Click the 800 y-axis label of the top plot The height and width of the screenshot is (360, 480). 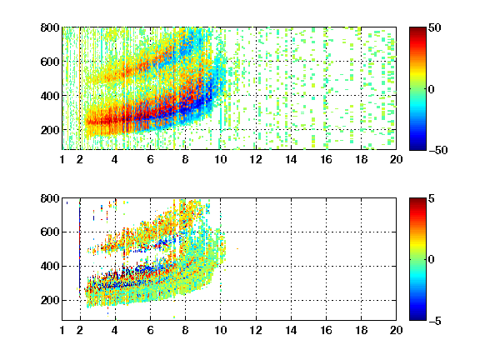point(50,27)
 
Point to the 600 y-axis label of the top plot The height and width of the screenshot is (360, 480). point(50,62)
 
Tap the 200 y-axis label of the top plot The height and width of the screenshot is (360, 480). point(50,130)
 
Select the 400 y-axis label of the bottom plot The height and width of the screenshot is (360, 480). point(50,266)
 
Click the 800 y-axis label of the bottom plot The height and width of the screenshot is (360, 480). point(50,198)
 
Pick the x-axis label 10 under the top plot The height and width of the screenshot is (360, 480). point(220,159)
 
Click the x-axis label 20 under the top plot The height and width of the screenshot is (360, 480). point(396,159)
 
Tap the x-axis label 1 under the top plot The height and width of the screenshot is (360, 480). point(62,159)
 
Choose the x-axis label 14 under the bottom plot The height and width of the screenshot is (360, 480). point(291,330)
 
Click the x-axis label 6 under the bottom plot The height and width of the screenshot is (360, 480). point(150,330)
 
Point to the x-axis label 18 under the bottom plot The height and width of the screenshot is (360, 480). point(361,330)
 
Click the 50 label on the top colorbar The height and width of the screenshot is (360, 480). point(435,27)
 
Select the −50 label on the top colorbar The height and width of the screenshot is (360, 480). point(438,150)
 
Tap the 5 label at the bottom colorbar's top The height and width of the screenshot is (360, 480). point(432,198)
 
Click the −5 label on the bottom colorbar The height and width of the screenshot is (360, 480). point(435,321)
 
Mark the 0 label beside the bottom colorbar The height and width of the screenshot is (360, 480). point(432,260)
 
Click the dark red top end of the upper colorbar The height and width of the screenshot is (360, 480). point(417,29)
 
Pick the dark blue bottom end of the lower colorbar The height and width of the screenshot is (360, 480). point(417,318)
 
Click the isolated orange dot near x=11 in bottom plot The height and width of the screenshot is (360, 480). point(237,248)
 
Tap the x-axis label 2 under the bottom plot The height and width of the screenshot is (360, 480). point(80,330)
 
